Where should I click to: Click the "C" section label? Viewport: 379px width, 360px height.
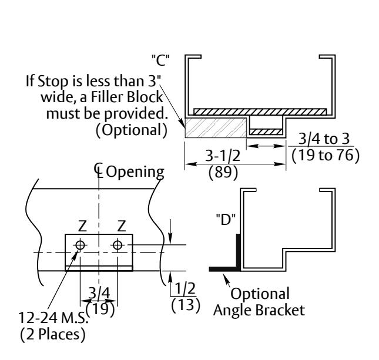160,60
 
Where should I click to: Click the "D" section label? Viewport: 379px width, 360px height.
226,220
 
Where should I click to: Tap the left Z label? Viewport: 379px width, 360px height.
82,226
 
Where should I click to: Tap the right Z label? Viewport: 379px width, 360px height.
121,226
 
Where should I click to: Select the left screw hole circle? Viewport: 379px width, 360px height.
80,245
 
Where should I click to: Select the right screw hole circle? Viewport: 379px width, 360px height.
118,245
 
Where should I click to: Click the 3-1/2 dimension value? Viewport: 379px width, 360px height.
223,156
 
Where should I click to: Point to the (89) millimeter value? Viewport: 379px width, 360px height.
223,173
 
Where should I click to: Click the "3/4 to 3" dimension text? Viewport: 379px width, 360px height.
324,139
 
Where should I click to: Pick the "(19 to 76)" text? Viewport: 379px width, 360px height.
326,156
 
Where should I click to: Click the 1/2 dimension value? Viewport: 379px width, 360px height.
185,288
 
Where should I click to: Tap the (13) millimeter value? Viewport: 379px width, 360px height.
186,305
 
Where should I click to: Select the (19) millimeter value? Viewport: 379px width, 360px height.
100,309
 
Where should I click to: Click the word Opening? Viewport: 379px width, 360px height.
135,173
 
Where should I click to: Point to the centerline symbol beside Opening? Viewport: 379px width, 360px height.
98,170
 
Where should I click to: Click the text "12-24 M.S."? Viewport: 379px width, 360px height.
53,318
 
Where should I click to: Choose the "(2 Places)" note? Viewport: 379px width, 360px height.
53,334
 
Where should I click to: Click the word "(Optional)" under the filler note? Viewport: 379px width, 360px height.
132,130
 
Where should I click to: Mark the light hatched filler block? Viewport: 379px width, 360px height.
216,128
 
